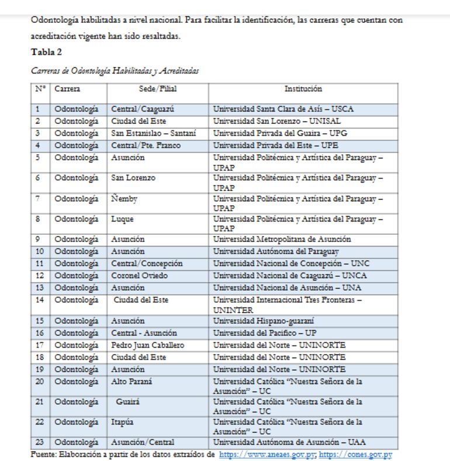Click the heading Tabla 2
pos(46,52)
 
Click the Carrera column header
pos(67,89)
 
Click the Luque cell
pos(122,220)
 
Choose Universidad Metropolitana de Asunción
pos(282,240)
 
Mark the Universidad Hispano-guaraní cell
pos(264,321)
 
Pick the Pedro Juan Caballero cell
pos(147,345)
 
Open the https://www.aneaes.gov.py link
pos(268,455)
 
